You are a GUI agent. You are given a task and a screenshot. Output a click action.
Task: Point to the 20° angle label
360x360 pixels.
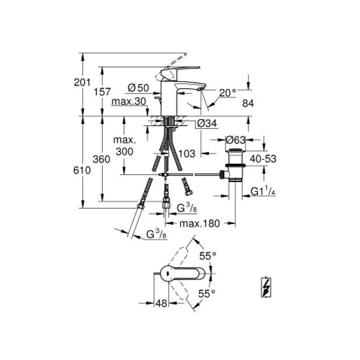[227, 92]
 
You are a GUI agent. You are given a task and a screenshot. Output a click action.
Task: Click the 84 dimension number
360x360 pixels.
[248, 104]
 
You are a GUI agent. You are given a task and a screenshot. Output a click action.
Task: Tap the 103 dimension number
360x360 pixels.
[186, 154]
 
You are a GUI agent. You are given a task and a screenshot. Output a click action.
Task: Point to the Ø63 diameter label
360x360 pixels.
[235, 139]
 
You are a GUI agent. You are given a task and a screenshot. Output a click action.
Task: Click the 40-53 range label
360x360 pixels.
[263, 158]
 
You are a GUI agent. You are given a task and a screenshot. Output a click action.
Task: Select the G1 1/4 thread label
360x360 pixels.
[263, 191]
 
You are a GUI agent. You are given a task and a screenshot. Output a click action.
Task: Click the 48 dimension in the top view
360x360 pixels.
[160, 303]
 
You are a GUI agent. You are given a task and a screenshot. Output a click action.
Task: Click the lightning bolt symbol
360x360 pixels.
[266, 287]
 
